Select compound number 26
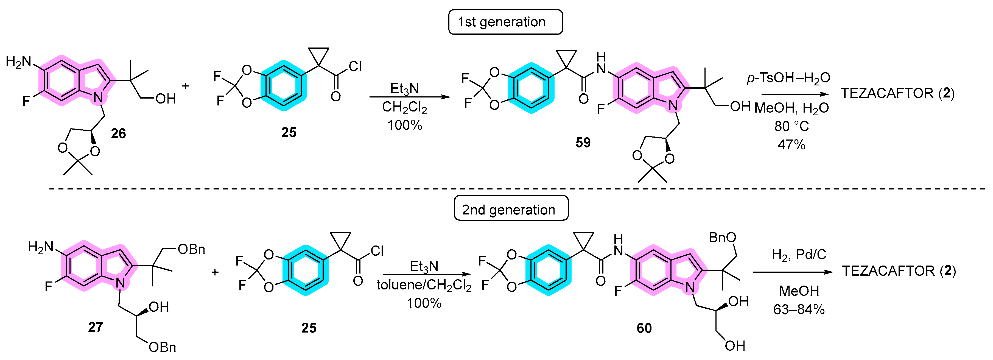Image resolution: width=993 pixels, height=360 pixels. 118,133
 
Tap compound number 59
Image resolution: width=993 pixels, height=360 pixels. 583,143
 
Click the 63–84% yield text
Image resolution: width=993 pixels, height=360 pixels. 798,309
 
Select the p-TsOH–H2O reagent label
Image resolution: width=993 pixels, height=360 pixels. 788,78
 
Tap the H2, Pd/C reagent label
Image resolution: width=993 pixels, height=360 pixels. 799,254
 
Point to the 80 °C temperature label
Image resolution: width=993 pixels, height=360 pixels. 791,126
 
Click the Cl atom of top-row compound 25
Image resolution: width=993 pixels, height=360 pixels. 355,67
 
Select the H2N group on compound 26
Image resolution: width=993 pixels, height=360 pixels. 18,61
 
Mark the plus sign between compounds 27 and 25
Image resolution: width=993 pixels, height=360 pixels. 215,272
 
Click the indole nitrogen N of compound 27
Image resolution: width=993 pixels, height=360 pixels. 121,283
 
